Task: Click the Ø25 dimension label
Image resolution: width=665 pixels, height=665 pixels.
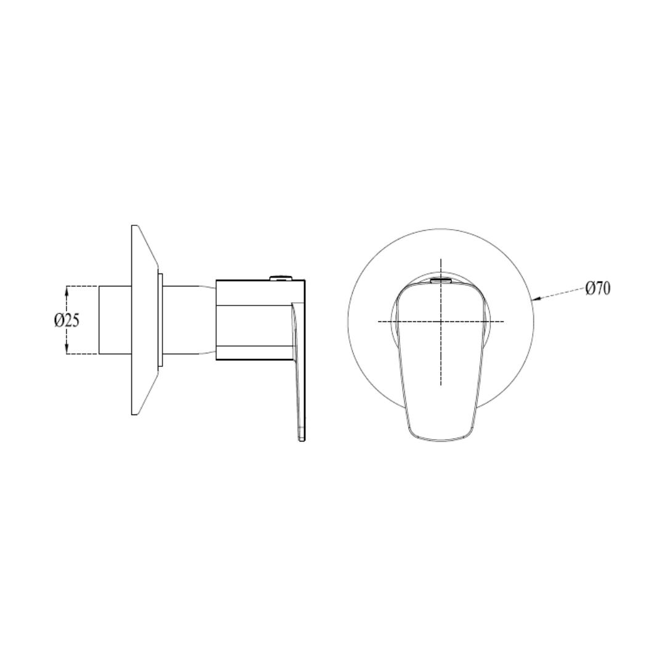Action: pos(66,320)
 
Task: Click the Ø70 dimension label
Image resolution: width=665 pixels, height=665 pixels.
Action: pos(597,289)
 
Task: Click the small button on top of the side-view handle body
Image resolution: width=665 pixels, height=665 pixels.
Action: pos(281,278)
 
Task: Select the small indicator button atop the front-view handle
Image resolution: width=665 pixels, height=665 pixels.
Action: pos(441,280)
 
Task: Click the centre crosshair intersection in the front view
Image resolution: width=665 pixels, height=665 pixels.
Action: pos(441,321)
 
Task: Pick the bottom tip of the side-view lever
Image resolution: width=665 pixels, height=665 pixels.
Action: pos(302,441)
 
